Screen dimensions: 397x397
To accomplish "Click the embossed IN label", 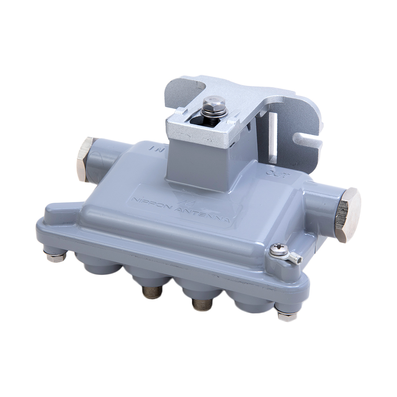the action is (x=157, y=148).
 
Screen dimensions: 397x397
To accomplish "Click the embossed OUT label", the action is (x=277, y=174).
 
